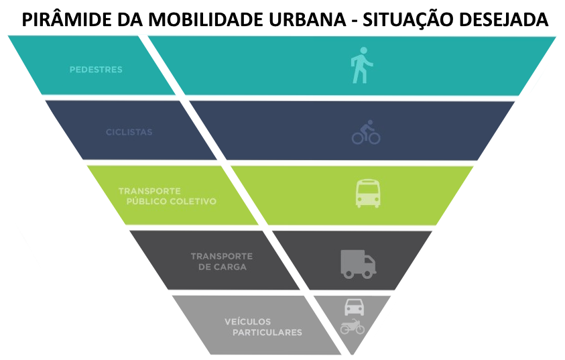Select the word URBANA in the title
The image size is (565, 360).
coord(310,20)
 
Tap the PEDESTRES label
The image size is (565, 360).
coord(96,70)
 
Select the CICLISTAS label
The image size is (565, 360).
coord(129,132)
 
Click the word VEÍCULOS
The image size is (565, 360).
coord(247,321)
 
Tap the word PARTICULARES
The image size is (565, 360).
coord(267,333)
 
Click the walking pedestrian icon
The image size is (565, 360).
coord(362,65)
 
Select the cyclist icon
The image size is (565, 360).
coord(366,132)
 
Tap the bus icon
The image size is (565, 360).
coord(368,194)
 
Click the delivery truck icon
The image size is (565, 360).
coord(358,264)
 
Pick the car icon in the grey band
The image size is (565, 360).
coord(354,307)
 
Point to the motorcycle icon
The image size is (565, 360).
coord(353,326)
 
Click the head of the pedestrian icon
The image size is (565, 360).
coord(363,50)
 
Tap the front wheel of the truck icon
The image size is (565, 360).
coord(367,274)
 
